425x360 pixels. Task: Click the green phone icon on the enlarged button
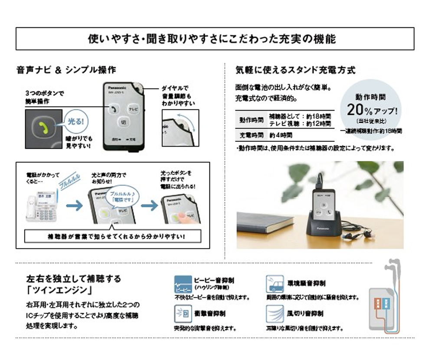click(x=42, y=127)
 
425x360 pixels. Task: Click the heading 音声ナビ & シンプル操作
click(x=66, y=69)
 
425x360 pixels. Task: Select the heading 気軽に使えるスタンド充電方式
click(x=295, y=69)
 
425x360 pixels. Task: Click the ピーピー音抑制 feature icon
click(x=183, y=284)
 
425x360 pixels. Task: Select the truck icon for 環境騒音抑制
click(x=275, y=284)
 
